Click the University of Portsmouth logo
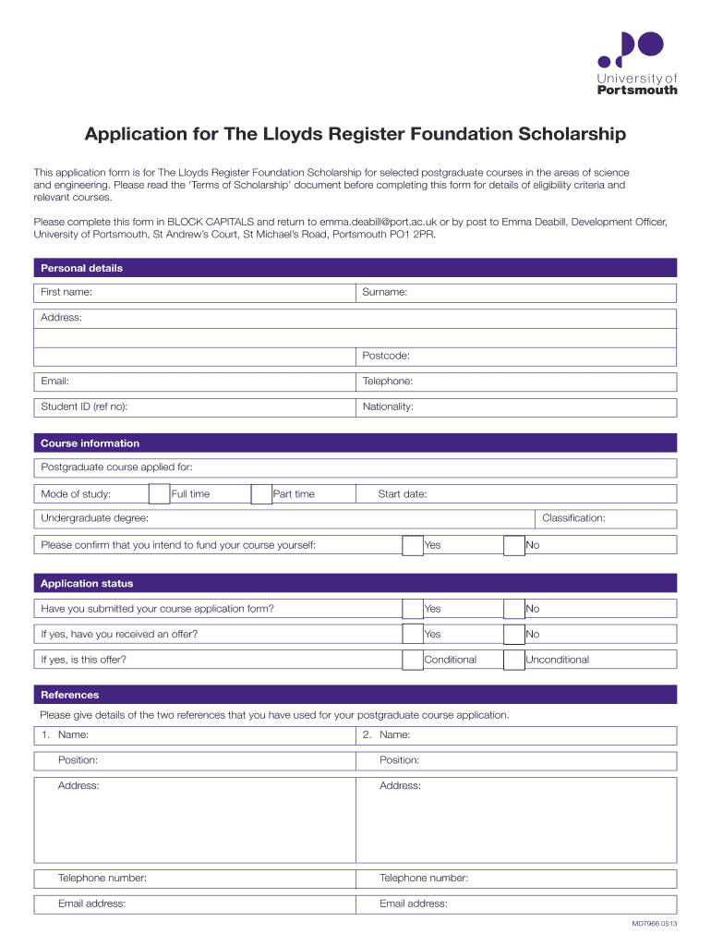(x=636, y=62)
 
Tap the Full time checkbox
(x=159, y=494)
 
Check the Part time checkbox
(x=261, y=494)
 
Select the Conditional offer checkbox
(x=413, y=660)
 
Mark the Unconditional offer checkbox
(x=514, y=660)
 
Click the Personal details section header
(x=81, y=268)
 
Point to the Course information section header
(x=90, y=443)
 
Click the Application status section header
(x=87, y=584)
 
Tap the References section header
(x=69, y=695)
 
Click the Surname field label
(x=385, y=292)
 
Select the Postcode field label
(x=386, y=356)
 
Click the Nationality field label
(x=388, y=406)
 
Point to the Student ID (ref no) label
(x=84, y=406)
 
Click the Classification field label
(x=573, y=518)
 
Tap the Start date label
(x=403, y=494)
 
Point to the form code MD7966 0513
(x=654, y=924)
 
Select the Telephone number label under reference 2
(x=424, y=879)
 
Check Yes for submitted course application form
(x=413, y=609)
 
